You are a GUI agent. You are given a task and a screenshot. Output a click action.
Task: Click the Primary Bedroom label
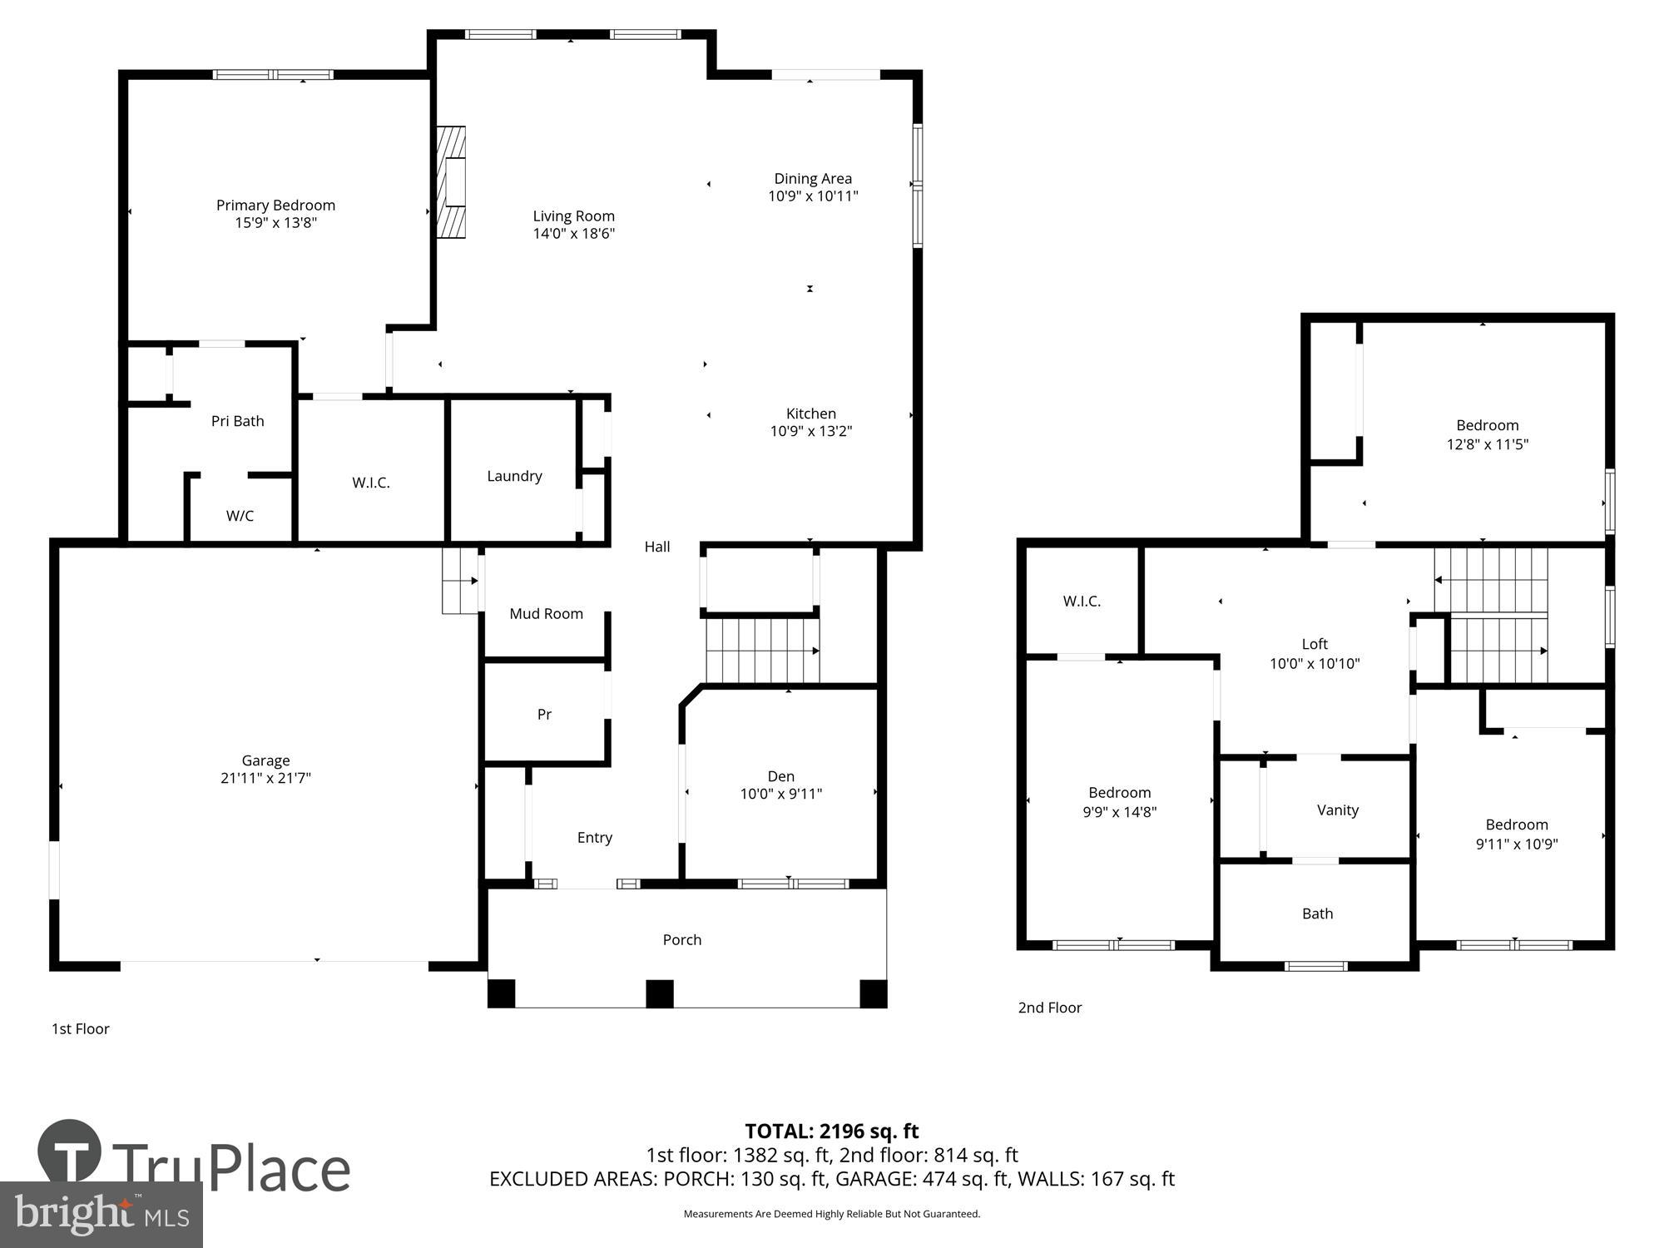point(275,206)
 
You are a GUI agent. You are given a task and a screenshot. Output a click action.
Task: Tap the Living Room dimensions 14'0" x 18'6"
point(573,234)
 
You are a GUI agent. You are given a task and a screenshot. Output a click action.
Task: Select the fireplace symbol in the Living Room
point(452,182)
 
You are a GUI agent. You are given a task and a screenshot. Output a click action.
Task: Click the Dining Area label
point(813,178)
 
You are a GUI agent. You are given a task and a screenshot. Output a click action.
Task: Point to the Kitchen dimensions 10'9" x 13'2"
point(810,431)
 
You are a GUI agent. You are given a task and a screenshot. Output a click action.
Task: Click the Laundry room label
point(514,476)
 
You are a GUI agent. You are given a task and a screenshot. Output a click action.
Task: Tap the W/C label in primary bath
point(240,516)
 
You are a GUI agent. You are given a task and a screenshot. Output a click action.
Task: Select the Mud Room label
point(546,614)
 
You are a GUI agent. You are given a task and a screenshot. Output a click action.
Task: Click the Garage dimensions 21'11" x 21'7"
point(265,778)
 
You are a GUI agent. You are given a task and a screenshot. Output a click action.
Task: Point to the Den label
point(780,776)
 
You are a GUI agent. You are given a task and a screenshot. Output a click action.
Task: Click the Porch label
point(682,939)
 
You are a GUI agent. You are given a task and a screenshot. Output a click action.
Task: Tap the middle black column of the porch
point(660,993)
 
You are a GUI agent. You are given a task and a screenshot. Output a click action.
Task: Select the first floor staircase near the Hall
point(762,650)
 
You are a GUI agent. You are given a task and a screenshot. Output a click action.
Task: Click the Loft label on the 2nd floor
point(1315,644)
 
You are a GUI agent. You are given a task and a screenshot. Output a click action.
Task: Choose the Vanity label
point(1337,810)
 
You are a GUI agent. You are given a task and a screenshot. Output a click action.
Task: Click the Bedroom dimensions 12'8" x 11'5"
point(1487,444)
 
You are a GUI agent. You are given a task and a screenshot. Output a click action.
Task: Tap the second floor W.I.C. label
point(1082,602)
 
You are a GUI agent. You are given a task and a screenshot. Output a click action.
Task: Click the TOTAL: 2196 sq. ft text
point(831,1131)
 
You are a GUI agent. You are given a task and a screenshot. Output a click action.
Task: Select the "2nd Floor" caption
point(1050,1008)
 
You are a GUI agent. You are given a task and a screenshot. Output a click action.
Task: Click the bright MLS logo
point(102,1215)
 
